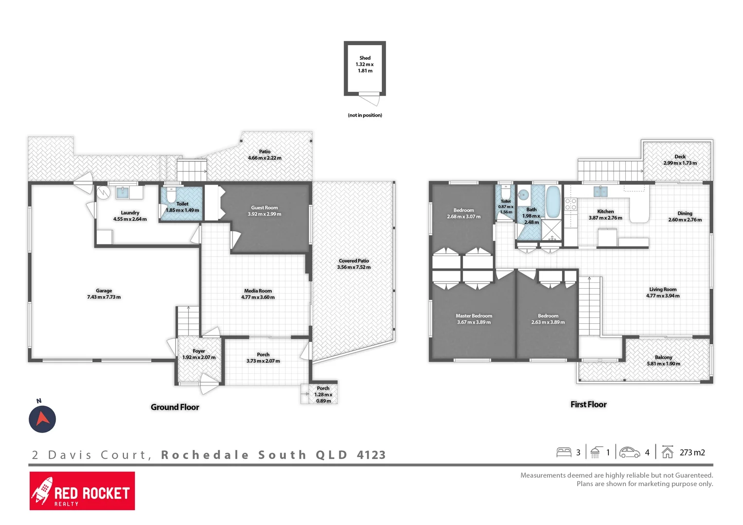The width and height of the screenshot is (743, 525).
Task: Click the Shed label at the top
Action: pyautogui.click(x=365, y=58)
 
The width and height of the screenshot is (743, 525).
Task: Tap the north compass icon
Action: pyautogui.click(x=42, y=419)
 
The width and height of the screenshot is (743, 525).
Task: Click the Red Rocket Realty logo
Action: pyautogui.click(x=82, y=491)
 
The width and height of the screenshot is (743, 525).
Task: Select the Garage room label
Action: pyautogui.click(x=104, y=291)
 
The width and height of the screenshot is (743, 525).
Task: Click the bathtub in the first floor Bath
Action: pyautogui.click(x=553, y=201)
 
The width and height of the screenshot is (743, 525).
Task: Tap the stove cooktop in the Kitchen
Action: pyautogui.click(x=571, y=204)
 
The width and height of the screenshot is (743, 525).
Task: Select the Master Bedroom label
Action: pyautogui.click(x=474, y=316)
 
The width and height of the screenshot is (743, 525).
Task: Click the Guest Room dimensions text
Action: pyautogui.click(x=265, y=214)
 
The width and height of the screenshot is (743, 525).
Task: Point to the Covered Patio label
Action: pyautogui.click(x=354, y=261)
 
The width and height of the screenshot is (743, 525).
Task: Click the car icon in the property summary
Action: pyautogui.click(x=630, y=453)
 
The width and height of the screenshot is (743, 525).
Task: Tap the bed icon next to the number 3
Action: pyautogui.click(x=564, y=453)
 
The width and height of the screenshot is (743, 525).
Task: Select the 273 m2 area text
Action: pyautogui.click(x=692, y=453)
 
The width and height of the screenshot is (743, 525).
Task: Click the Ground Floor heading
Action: pyautogui.click(x=175, y=407)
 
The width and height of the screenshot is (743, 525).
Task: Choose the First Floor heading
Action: pyautogui.click(x=588, y=404)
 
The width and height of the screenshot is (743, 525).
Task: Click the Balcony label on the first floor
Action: pyautogui.click(x=663, y=357)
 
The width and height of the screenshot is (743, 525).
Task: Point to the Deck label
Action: pyautogui.click(x=680, y=157)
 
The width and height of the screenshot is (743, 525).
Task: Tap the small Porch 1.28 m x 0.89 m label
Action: pyautogui.click(x=323, y=395)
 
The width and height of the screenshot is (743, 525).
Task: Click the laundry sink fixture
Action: pyautogui.click(x=123, y=193)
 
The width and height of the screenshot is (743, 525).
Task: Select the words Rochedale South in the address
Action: pyautogui.click(x=233, y=455)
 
